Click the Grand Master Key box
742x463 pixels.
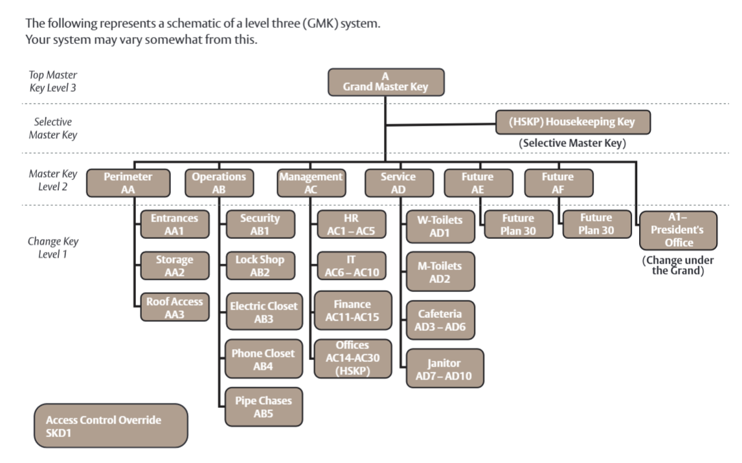click(385, 82)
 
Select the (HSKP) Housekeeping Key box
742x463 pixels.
click(572, 122)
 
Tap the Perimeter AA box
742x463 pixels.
click(128, 183)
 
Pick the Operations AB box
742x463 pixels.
click(219, 183)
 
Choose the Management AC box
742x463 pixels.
click(311, 183)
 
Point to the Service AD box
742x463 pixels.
click(398, 183)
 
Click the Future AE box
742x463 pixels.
click(477, 183)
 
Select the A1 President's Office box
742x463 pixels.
click(678, 231)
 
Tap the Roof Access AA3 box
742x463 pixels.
click(175, 308)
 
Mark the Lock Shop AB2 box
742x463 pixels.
click(260, 265)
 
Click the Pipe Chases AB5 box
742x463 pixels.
click(264, 407)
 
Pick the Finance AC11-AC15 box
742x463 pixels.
click(352, 310)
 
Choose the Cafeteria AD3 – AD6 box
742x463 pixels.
click(440, 320)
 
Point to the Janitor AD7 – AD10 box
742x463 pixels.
click(444, 368)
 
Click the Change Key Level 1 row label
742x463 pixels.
click(53, 247)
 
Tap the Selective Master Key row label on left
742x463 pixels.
click(53, 128)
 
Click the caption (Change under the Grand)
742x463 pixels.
click(678, 265)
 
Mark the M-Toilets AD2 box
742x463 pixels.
click(440, 272)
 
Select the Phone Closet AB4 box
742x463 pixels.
click(263, 359)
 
